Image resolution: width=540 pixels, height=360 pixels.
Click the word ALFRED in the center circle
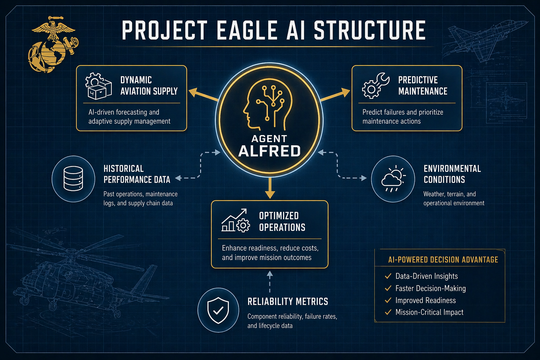tap(269, 151)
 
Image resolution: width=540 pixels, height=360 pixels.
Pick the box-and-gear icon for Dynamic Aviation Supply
tap(98, 86)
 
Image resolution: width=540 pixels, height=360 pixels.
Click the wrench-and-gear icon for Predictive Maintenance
tap(375, 86)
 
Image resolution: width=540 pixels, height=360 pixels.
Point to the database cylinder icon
tap(73, 179)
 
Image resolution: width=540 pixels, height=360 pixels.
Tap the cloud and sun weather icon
tap(393, 179)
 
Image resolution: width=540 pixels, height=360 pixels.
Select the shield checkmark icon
tap(218, 310)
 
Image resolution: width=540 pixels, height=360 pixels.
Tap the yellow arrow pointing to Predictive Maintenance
tap(335, 95)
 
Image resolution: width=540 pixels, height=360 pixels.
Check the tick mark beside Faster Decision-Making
tap(388, 288)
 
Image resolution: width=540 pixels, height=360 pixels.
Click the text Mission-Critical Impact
tap(429, 312)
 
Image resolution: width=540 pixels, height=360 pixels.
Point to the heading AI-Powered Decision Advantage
tap(443, 260)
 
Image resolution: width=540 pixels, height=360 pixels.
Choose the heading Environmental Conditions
tap(452, 174)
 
